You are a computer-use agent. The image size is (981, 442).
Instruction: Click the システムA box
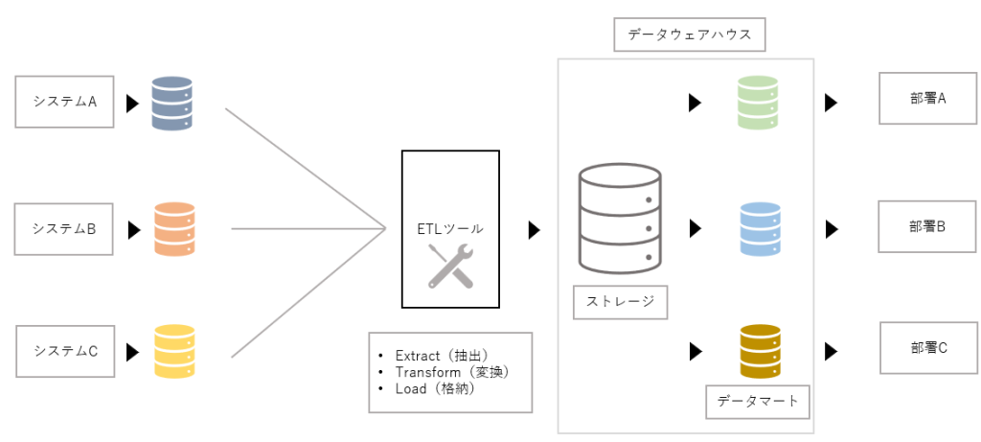point(64,102)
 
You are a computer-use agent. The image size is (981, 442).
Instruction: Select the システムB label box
point(64,228)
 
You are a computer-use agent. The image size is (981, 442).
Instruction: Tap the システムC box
point(65,351)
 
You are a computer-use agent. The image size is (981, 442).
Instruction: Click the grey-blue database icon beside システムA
point(172,104)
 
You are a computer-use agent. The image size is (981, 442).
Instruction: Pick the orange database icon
point(174,228)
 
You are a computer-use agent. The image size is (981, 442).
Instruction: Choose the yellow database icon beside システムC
point(174,351)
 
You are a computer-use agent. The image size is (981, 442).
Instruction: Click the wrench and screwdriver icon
point(450,267)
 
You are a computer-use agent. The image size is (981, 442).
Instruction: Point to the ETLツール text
point(450,228)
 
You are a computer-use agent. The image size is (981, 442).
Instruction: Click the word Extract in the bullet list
point(418,356)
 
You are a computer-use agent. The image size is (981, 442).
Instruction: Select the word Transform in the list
point(425,372)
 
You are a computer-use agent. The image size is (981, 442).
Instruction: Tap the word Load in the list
point(408,388)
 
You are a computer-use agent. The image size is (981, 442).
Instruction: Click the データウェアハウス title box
point(690,35)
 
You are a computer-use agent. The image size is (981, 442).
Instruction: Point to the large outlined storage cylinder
point(621,219)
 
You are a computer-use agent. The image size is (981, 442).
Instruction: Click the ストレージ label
point(621,302)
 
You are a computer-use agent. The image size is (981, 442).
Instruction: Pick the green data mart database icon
point(758,103)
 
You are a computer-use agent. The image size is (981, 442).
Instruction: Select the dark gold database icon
point(760,351)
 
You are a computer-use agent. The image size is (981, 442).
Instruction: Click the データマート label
point(758,402)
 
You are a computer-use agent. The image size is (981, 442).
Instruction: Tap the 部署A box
point(927,99)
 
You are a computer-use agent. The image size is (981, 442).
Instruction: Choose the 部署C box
point(929,347)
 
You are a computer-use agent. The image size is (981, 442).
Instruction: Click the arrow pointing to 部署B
point(832,228)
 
